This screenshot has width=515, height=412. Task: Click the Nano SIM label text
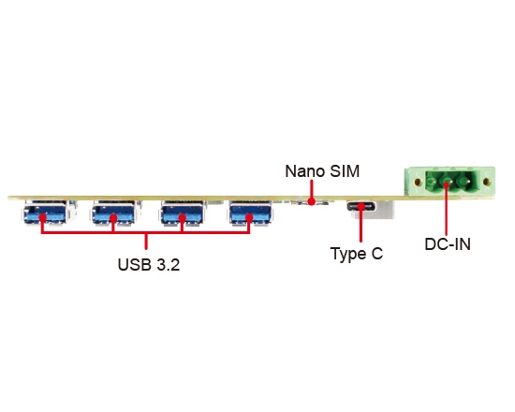322,171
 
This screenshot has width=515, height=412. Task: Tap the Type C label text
357,254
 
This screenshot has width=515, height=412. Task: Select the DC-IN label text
448,244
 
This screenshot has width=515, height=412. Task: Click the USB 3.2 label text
149,264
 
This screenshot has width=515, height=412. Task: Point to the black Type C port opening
360,206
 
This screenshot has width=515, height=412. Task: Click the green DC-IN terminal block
449,182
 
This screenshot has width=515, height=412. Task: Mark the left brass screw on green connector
418,182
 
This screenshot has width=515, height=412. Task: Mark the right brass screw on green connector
487,181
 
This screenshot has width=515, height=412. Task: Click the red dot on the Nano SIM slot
311,201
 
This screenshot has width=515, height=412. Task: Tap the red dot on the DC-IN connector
446,185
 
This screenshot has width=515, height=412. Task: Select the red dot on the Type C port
360,207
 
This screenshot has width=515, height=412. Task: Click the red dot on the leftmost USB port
42,218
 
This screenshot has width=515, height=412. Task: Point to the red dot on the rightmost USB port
249,218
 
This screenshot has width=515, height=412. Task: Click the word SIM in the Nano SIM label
345,171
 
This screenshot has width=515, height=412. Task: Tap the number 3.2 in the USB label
169,264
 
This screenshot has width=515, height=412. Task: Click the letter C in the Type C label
376,253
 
